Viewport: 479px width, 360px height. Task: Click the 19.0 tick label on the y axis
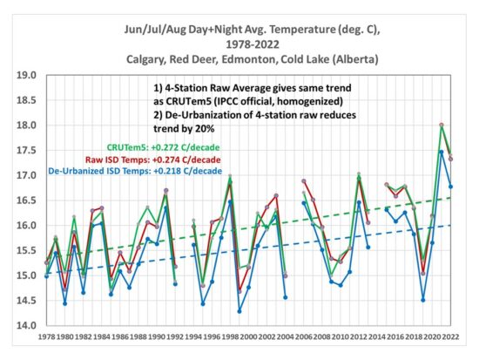(x=26, y=75)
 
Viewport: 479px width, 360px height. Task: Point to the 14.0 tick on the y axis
(x=26, y=325)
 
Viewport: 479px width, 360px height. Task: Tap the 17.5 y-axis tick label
(x=26, y=151)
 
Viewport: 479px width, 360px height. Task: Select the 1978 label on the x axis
(x=46, y=336)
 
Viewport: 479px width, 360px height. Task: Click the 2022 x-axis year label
(x=450, y=336)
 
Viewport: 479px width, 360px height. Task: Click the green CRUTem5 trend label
(x=163, y=147)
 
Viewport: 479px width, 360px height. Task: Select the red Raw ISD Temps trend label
(x=152, y=160)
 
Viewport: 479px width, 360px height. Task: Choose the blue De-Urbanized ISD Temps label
(x=135, y=171)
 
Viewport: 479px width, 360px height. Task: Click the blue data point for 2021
(x=442, y=152)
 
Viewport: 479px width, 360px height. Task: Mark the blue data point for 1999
(x=239, y=311)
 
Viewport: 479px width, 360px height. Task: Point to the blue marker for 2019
(x=422, y=300)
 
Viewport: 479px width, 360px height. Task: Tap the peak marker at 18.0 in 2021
(x=442, y=125)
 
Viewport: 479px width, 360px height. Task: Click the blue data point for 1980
(x=64, y=303)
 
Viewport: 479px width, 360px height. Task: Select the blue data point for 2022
(x=450, y=187)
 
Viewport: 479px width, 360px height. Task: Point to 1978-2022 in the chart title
(x=253, y=44)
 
